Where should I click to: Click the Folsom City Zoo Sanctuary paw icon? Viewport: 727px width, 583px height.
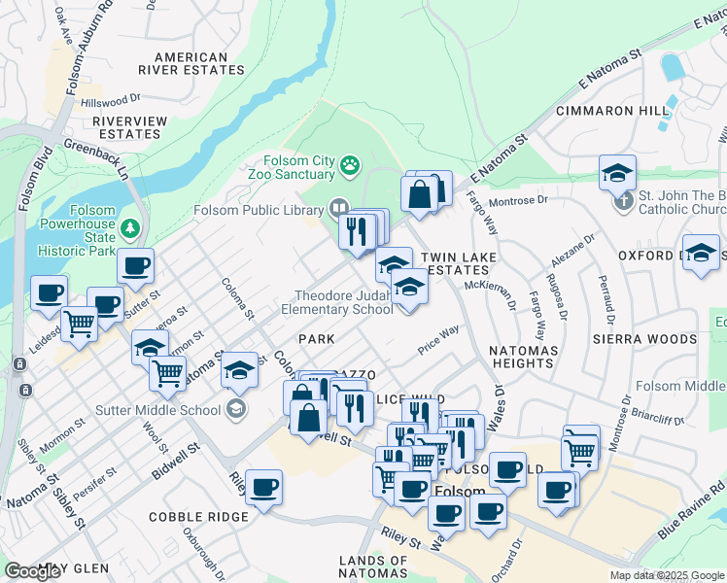click(350, 168)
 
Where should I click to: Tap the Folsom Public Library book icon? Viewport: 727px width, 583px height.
click(339, 207)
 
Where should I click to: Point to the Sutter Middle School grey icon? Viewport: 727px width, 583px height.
click(234, 409)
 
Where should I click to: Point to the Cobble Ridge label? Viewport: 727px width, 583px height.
click(198, 517)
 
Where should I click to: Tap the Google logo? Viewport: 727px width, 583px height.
click(32, 571)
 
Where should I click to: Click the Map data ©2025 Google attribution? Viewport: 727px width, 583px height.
click(667, 575)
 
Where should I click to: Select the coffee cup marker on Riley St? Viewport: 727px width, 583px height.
click(262, 488)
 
